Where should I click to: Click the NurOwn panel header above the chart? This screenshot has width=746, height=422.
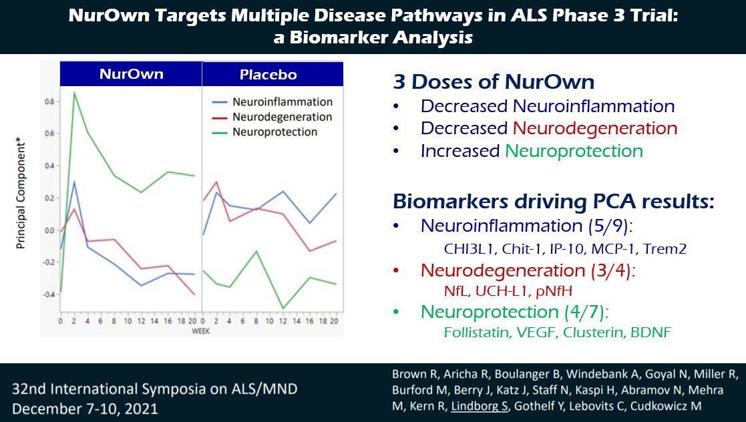(131, 74)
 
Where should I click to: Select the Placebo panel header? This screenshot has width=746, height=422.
(268, 74)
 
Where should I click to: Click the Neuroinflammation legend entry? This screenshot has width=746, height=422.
(282, 102)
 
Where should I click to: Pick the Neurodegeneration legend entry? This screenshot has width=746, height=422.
(282, 117)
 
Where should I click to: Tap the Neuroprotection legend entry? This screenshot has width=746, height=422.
(274, 132)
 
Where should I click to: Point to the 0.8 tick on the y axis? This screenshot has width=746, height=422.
(49, 101)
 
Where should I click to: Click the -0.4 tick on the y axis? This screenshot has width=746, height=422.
(48, 294)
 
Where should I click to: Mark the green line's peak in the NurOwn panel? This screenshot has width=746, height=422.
(74, 92)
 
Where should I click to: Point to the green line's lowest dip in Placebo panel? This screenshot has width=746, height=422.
(283, 308)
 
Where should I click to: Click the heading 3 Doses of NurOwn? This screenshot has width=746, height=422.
(494, 81)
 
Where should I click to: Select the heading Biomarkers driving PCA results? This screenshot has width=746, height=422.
(553, 201)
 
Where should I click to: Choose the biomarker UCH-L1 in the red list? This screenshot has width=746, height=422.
(498, 291)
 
